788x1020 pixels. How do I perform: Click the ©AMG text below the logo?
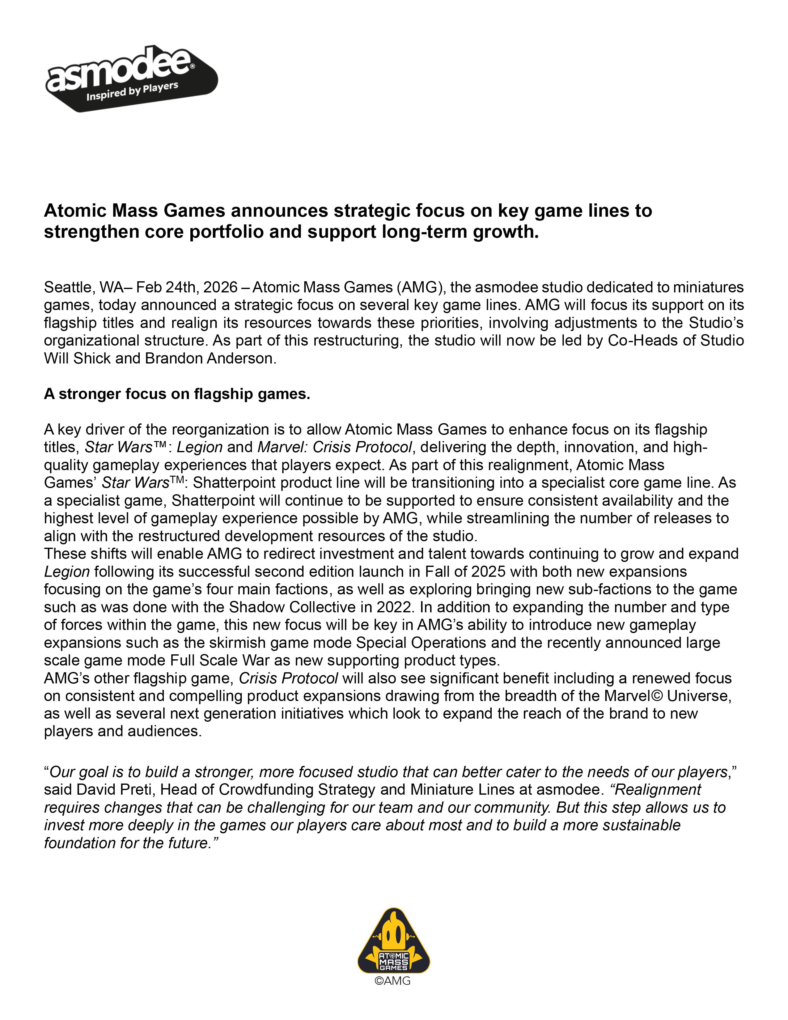(x=393, y=981)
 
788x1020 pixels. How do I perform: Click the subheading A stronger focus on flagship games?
(x=177, y=394)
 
